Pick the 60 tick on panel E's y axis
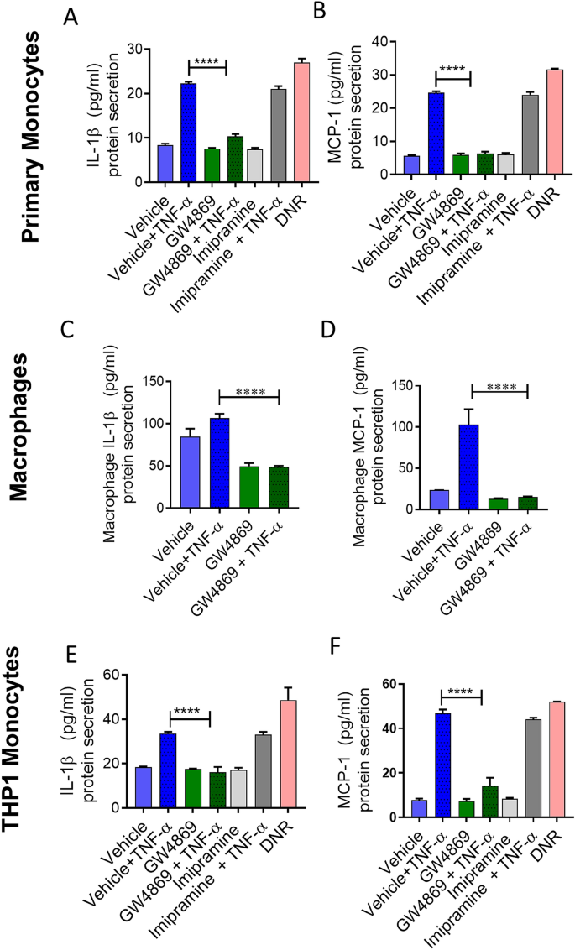point(130,674)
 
